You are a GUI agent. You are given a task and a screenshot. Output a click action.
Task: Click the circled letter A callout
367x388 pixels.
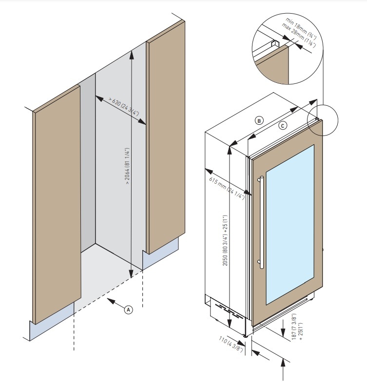[x=128, y=309]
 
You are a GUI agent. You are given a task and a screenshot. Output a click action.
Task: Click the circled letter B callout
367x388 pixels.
[x=259, y=119]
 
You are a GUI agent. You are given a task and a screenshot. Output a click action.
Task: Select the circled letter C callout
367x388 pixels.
[x=283, y=125]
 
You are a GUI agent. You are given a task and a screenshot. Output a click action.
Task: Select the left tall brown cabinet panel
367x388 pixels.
[x=57, y=205]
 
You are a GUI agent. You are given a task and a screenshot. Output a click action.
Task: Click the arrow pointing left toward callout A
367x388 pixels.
[x=115, y=303]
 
